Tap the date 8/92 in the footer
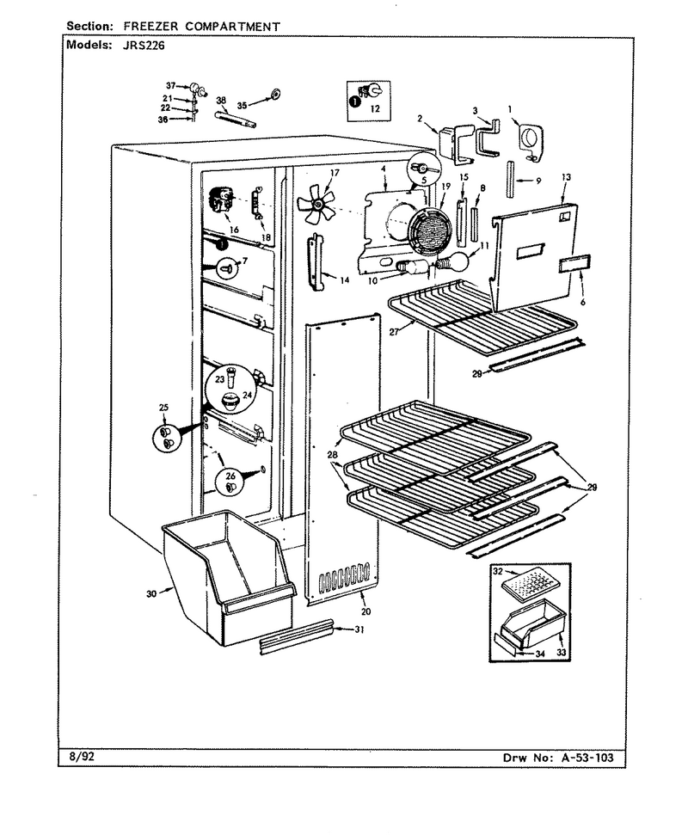[x=81, y=756]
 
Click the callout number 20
[x=365, y=611]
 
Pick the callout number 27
[x=395, y=331]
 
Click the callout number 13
[x=566, y=177]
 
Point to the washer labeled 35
[x=275, y=95]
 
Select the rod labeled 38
[x=236, y=118]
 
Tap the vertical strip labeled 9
[x=510, y=180]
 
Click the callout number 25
[x=163, y=408]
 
